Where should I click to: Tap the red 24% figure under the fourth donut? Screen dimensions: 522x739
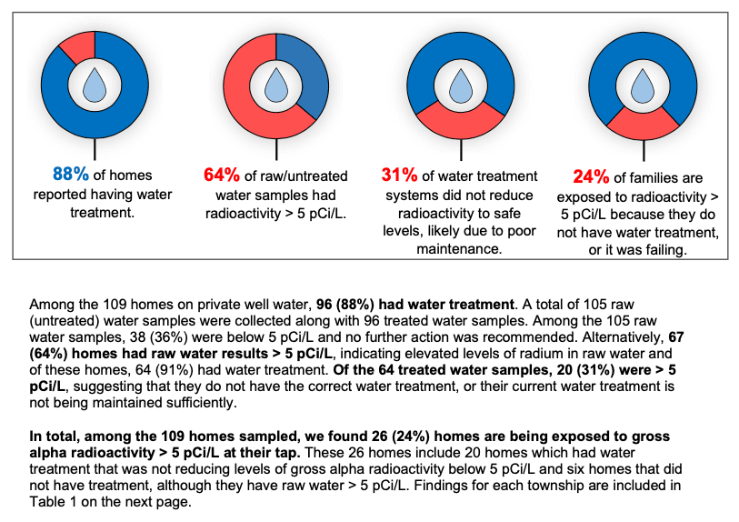tap(592, 177)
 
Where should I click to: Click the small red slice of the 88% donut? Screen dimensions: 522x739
tap(78, 43)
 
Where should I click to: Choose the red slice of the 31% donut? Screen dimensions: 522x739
tap(464, 126)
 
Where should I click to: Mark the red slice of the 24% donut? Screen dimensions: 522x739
tap(644, 128)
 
